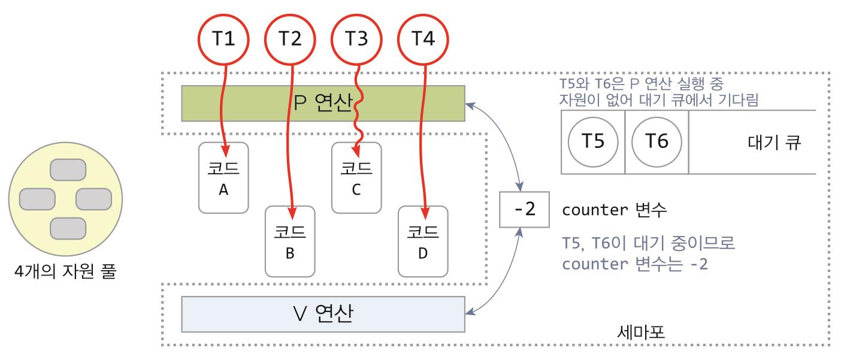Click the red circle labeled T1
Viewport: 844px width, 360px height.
click(225, 39)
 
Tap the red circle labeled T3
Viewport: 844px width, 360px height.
click(358, 39)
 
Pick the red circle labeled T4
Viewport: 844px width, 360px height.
click(424, 39)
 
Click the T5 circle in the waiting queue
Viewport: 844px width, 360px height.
click(593, 143)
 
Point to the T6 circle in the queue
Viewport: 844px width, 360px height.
click(656, 143)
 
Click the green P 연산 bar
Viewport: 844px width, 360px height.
click(323, 104)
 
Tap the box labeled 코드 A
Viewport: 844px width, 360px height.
click(223, 178)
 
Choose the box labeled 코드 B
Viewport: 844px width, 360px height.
click(290, 241)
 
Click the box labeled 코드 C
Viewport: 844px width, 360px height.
click(356, 178)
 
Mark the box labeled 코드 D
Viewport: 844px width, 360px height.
click(423, 241)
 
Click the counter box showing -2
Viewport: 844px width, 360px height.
click(519, 211)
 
